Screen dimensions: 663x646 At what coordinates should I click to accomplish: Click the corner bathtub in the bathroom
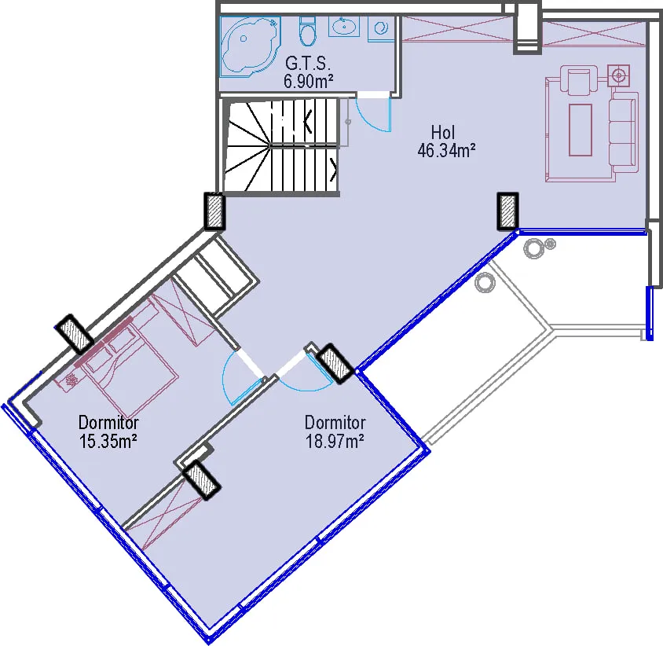[x=250, y=46]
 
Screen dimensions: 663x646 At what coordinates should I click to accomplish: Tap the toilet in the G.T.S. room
[x=307, y=31]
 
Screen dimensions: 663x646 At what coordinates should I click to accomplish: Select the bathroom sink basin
[x=344, y=27]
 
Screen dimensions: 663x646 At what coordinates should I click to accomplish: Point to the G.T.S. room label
[x=307, y=64]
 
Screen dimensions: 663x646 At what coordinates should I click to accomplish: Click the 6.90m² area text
[x=308, y=81]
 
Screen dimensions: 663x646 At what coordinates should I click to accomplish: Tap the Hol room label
[x=443, y=132]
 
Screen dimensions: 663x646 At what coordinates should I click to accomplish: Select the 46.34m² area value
[x=446, y=150]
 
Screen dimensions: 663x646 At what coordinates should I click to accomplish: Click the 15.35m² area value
[x=108, y=441]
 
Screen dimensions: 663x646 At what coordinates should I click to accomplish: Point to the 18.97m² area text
[x=335, y=441]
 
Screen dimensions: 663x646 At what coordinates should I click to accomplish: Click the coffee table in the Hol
[x=580, y=130]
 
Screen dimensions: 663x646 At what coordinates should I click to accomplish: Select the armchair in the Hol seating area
[x=578, y=79]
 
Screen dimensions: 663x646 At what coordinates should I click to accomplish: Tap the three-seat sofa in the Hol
[x=623, y=132]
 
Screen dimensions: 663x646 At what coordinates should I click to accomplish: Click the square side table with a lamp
[x=618, y=75]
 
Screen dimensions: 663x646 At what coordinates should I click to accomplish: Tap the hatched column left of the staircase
[x=214, y=211]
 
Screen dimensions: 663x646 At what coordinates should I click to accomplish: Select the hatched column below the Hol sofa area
[x=507, y=211]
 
